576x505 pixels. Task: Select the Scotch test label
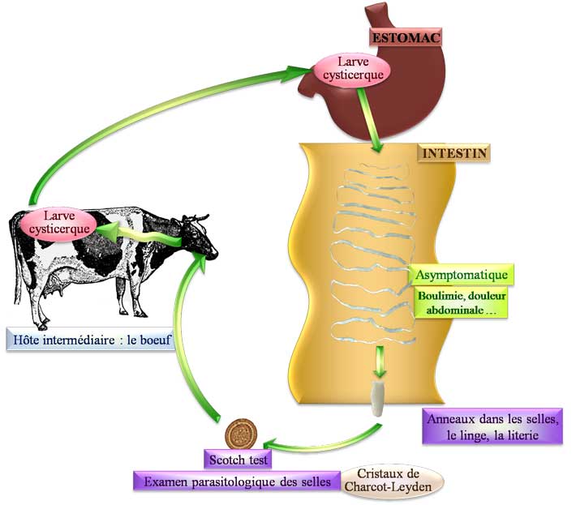point(236,458)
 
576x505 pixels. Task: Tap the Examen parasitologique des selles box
point(234,481)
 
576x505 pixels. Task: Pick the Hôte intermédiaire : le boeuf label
point(90,341)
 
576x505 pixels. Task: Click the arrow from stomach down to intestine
point(372,122)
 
